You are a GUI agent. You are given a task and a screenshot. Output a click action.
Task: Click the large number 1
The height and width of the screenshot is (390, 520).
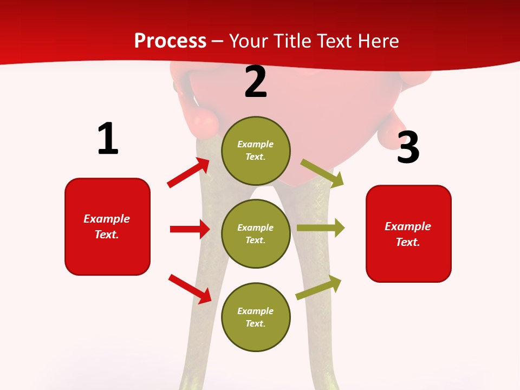[108, 139]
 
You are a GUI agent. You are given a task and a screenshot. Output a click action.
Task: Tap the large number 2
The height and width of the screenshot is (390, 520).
[255, 82]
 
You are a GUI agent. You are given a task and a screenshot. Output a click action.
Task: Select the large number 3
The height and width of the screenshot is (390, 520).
[408, 147]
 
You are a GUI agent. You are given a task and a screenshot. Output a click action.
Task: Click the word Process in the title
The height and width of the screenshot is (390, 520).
[170, 41]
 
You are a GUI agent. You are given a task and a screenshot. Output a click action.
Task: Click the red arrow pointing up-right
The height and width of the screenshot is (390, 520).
[188, 172]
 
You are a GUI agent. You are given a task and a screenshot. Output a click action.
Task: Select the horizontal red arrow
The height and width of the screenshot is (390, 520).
[190, 229]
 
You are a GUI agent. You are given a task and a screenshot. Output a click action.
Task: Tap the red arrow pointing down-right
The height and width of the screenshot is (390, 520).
[190, 289]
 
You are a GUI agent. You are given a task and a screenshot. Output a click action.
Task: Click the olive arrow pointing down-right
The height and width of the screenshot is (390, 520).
[322, 173]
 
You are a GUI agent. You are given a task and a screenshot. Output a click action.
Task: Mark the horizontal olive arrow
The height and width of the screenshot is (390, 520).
[320, 227]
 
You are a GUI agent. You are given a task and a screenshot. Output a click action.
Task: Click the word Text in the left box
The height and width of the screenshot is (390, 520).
[106, 235]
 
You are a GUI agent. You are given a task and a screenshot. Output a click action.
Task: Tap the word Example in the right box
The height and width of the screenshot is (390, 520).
[408, 226]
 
